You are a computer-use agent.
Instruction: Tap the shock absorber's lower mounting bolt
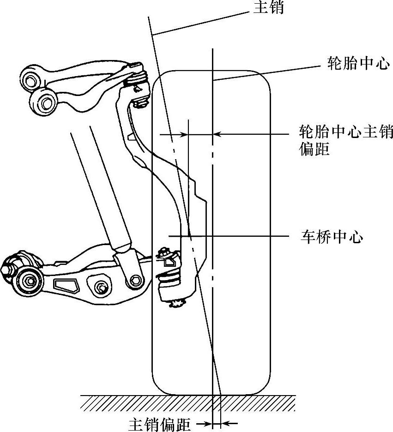click(135, 280)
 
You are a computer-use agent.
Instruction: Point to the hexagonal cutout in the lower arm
click(67, 285)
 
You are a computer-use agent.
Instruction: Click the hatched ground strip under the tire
click(185, 403)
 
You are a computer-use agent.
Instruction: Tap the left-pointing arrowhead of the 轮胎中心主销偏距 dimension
click(218, 134)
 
